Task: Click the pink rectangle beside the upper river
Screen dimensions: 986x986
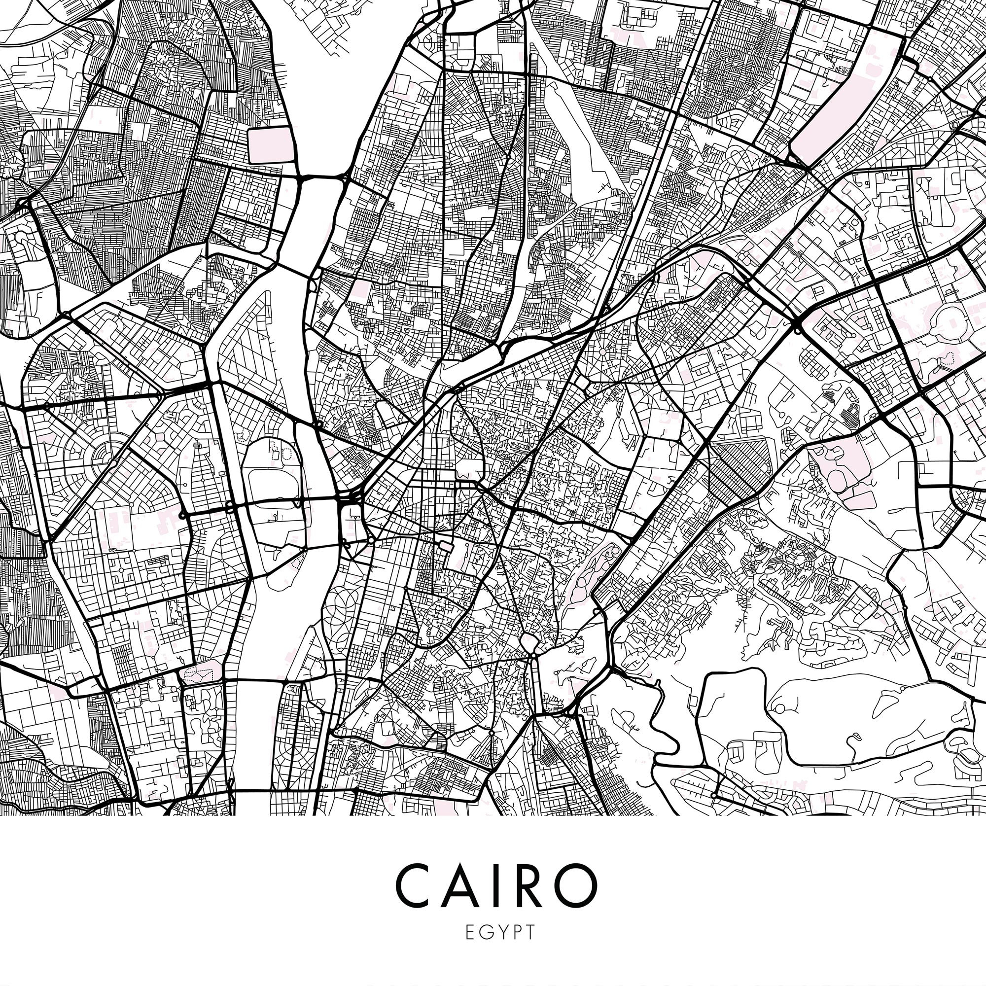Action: (271, 145)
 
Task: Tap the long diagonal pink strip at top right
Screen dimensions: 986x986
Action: (845, 97)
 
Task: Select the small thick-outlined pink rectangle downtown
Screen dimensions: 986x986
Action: (446, 547)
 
